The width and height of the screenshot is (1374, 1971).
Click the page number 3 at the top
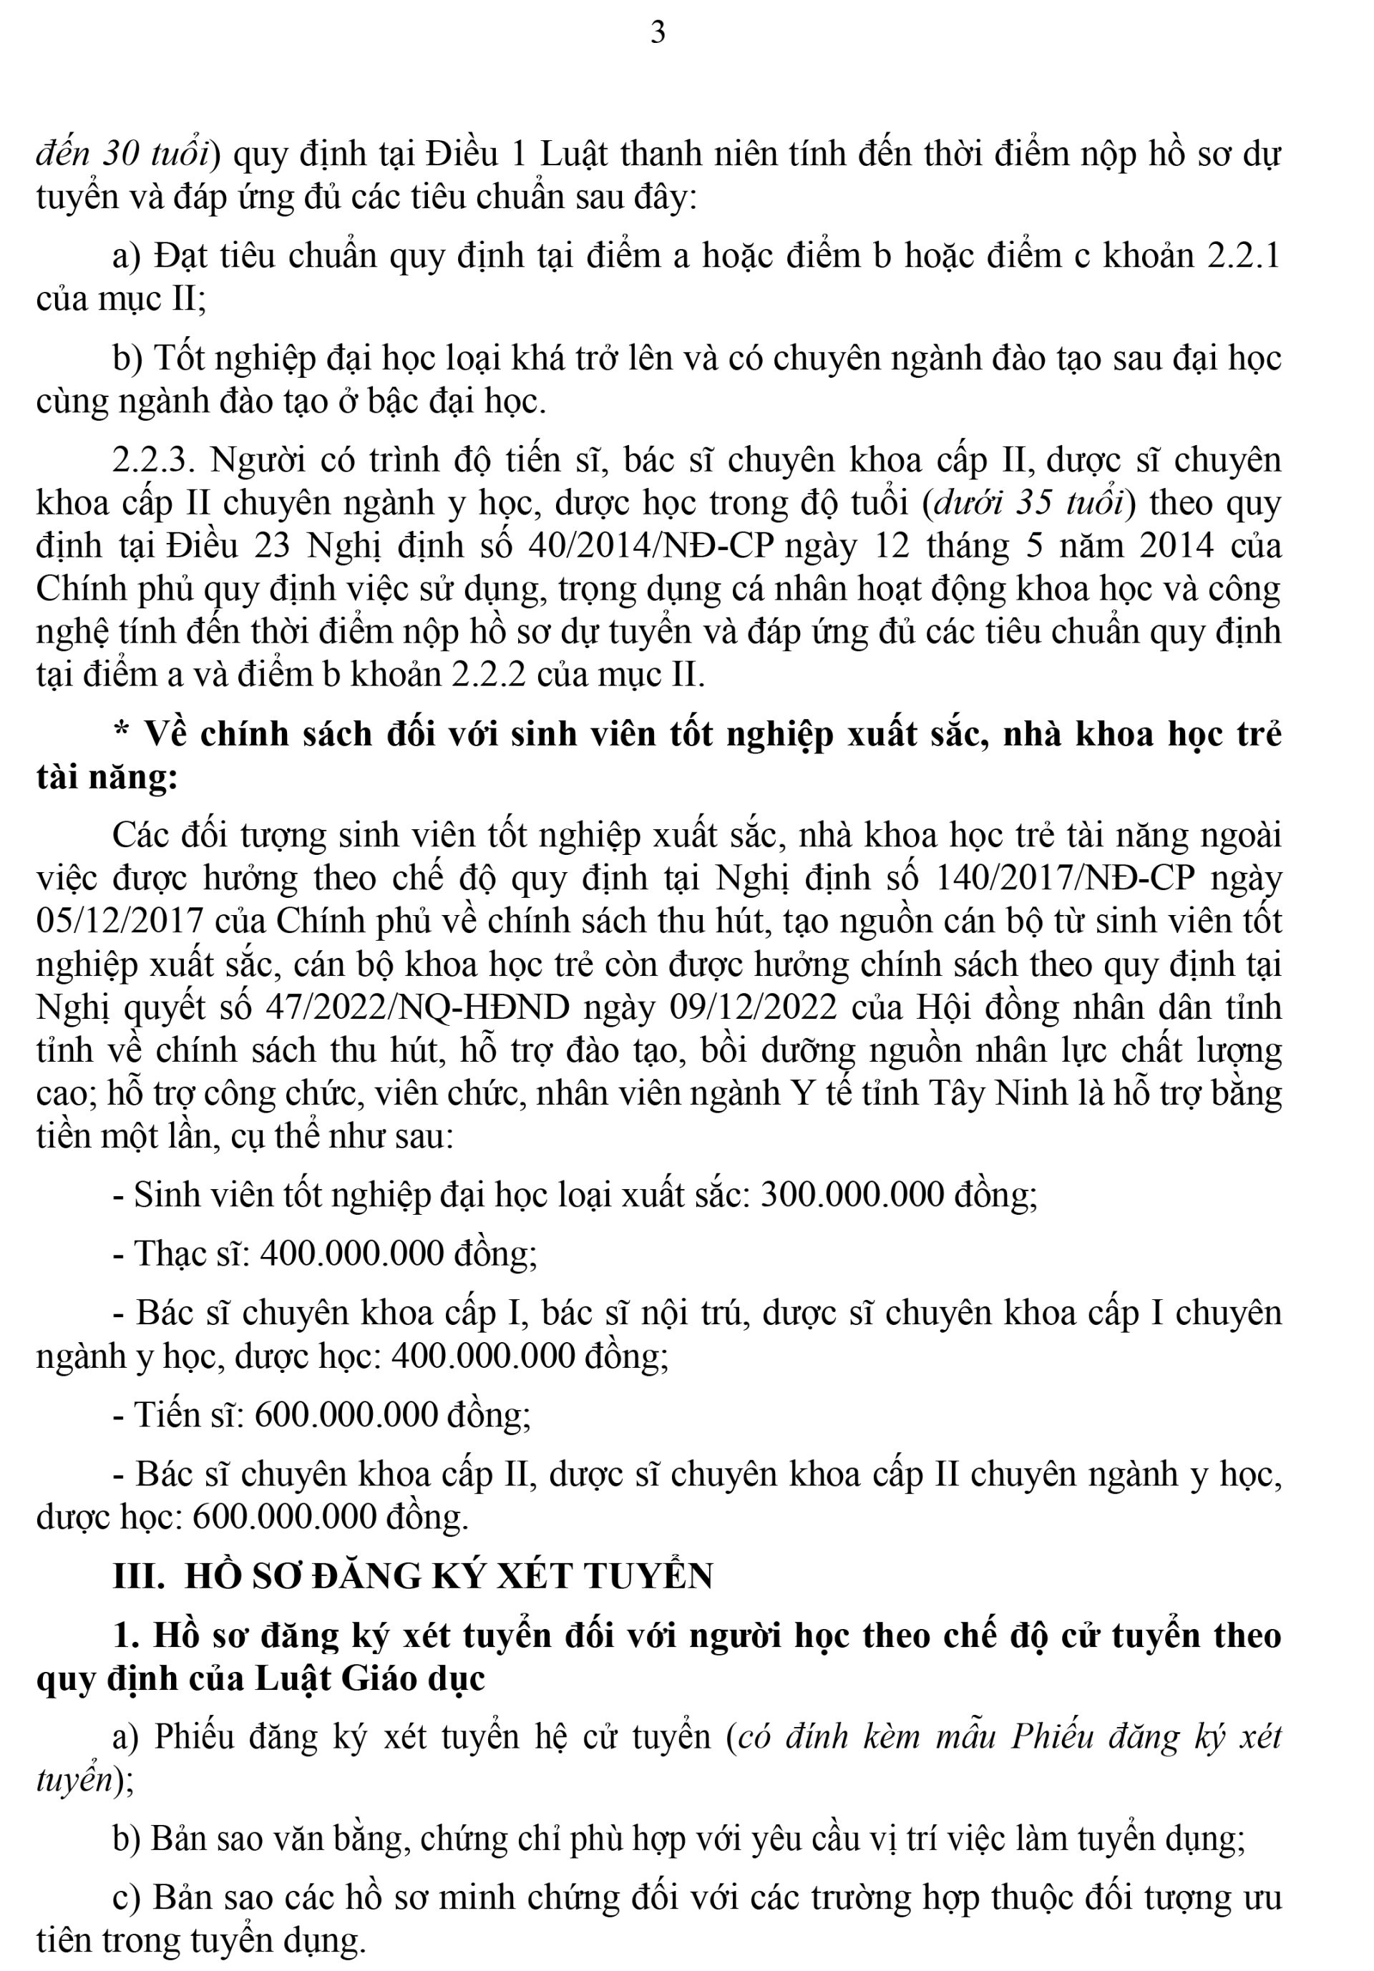click(x=658, y=33)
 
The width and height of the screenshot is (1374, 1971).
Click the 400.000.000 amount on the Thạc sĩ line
click(x=351, y=1254)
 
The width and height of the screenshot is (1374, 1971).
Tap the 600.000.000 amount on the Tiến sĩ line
click(x=347, y=1414)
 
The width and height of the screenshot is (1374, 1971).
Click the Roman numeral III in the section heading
click(x=138, y=1576)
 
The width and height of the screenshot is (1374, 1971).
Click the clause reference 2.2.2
click(x=486, y=675)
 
